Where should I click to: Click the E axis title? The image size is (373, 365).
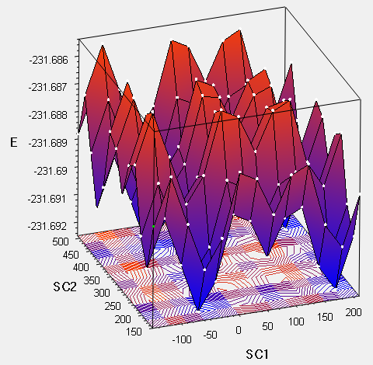coord(14,142)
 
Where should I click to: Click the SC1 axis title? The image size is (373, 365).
coord(257,354)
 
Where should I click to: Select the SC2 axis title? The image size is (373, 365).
coord(64,287)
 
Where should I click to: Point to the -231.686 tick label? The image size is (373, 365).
coord(49,61)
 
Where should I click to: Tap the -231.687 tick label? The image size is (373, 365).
coord(47,87)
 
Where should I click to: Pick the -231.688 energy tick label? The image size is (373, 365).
coord(47,115)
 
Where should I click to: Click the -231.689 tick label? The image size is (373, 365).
coord(47,143)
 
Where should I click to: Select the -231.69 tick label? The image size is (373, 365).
coord(51,171)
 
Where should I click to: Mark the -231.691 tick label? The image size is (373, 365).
coord(47,199)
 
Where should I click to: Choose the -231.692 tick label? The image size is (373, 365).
coord(47,226)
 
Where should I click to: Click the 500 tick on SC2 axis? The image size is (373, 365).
coord(61,242)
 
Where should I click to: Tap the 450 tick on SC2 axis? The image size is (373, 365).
coord(71,255)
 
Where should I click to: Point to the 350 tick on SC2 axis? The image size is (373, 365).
coord(92,280)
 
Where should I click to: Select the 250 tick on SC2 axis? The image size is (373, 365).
coord(113,306)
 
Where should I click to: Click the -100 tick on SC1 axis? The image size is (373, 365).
coord(182,339)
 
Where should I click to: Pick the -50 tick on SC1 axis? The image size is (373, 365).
coord(210,335)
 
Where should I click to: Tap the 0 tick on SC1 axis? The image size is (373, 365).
coord(239,330)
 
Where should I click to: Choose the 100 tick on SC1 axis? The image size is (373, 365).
coord(296,322)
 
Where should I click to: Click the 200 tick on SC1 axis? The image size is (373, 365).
coord(354,312)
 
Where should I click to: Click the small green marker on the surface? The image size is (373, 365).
coord(153,227)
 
